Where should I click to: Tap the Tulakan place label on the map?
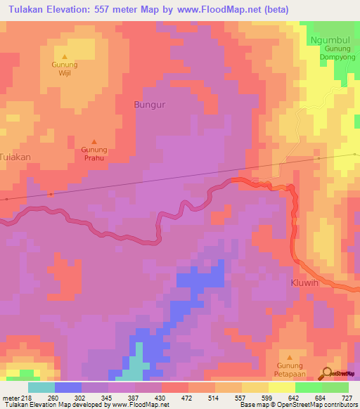(x=15, y=157)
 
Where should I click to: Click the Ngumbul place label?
(x=328, y=41)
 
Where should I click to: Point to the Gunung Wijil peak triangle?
(x=65, y=57)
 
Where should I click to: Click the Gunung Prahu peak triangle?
(x=94, y=141)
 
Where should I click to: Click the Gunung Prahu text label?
(x=94, y=153)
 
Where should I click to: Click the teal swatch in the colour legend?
(x=41, y=387)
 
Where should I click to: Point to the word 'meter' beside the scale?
(x=9, y=398)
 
